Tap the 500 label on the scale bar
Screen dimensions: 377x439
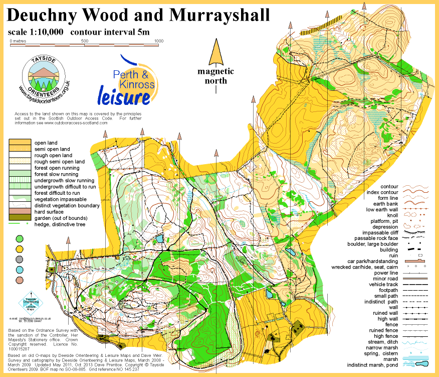[x=85, y=41]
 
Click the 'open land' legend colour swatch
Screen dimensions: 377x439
[x=20, y=143]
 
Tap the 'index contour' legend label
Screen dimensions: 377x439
[x=383, y=193]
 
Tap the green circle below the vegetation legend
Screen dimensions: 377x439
[x=20, y=238]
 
